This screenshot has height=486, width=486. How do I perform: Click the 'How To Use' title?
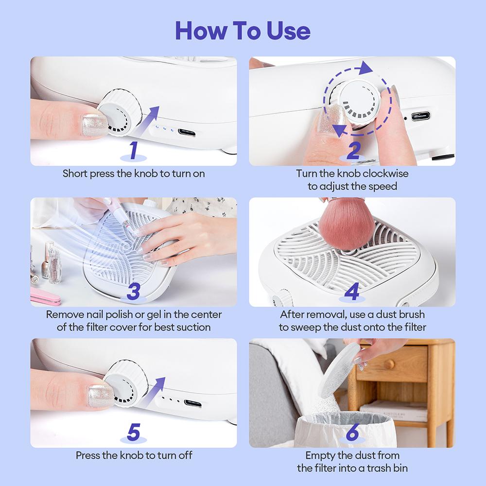tap(243, 31)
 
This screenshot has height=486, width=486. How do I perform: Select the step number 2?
tap(353, 151)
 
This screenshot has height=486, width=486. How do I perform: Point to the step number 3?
tap(134, 292)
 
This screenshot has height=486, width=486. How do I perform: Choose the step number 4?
tap(352, 292)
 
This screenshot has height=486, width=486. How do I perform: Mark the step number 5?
tap(134, 432)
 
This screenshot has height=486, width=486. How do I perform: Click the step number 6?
tap(352, 432)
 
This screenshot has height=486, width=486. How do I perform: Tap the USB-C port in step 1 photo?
tap(187, 132)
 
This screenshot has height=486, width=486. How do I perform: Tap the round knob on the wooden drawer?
tap(389, 364)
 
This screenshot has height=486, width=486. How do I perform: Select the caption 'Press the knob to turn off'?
tap(134, 455)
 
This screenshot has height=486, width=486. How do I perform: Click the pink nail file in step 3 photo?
tap(45, 296)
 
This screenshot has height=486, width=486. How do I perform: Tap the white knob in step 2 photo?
tap(358, 102)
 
